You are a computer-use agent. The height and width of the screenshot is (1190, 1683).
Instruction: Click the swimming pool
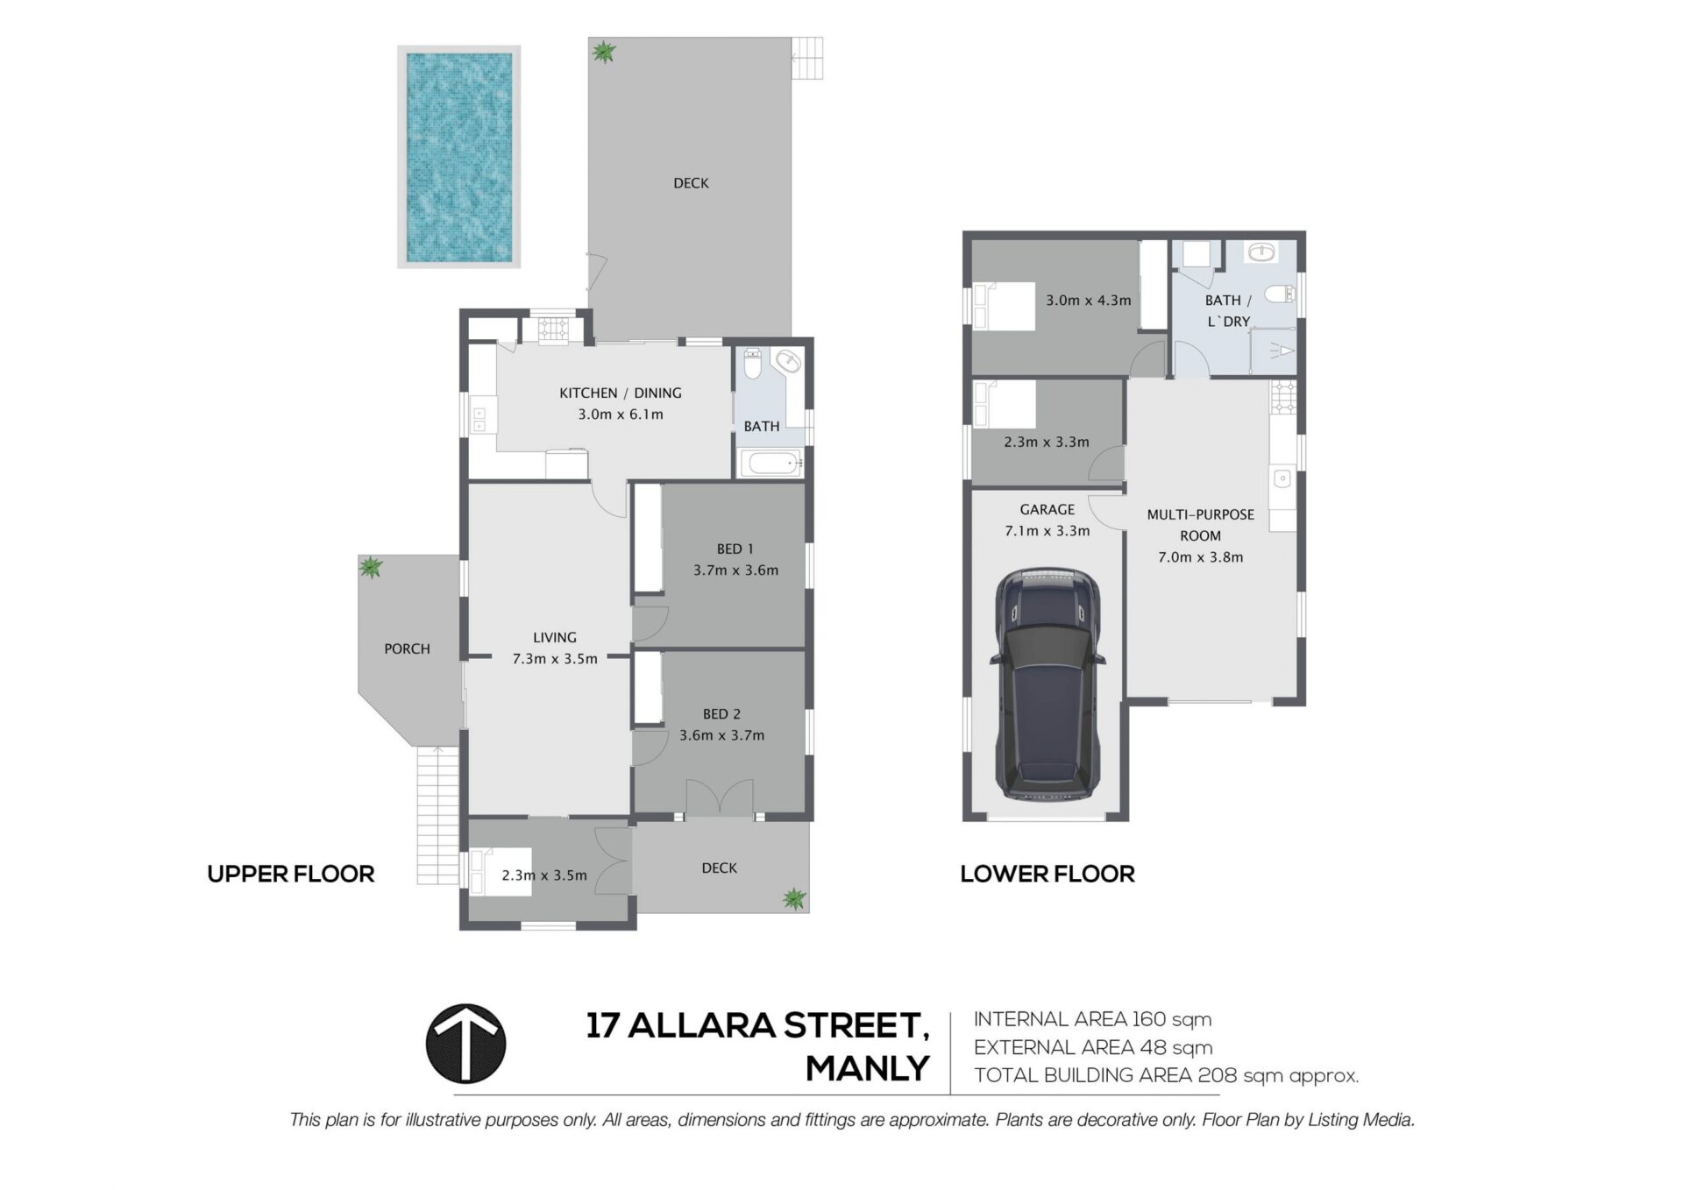pyautogui.click(x=458, y=157)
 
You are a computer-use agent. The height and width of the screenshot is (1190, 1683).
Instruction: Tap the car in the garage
pyautogui.click(x=1047, y=684)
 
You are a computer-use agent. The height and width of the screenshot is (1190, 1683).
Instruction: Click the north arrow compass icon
pyautogui.click(x=465, y=1044)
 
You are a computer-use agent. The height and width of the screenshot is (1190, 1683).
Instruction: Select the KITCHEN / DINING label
pyautogui.click(x=621, y=393)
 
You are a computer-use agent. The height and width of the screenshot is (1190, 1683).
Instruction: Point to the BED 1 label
pyautogui.click(x=735, y=549)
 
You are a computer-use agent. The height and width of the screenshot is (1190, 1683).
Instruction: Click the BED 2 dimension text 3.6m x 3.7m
pyautogui.click(x=722, y=735)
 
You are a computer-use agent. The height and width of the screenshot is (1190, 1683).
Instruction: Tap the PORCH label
pyautogui.click(x=407, y=649)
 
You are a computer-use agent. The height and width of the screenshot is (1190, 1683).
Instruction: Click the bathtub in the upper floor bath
pyautogui.click(x=771, y=463)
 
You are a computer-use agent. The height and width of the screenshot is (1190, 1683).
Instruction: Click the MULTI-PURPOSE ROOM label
pyautogui.click(x=1200, y=525)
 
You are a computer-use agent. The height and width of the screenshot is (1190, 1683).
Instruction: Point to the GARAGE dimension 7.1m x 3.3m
pyautogui.click(x=1047, y=531)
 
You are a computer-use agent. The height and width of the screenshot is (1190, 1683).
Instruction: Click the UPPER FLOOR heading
pyautogui.click(x=291, y=874)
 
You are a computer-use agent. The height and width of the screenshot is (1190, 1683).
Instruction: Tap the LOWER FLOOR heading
pyautogui.click(x=1047, y=874)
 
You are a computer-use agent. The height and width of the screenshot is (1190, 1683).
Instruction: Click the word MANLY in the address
pyautogui.click(x=868, y=1069)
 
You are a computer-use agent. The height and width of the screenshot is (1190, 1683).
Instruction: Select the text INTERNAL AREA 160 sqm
pyautogui.click(x=1093, y=1019)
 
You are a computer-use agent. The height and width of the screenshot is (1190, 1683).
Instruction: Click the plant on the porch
pyautogui.click(x=371, y=568)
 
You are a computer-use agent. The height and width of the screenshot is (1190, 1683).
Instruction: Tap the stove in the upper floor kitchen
pyautogui.click(x=554, y=329)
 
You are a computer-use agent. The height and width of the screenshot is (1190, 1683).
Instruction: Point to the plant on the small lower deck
pyautogui.click(x=794, y=898)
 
